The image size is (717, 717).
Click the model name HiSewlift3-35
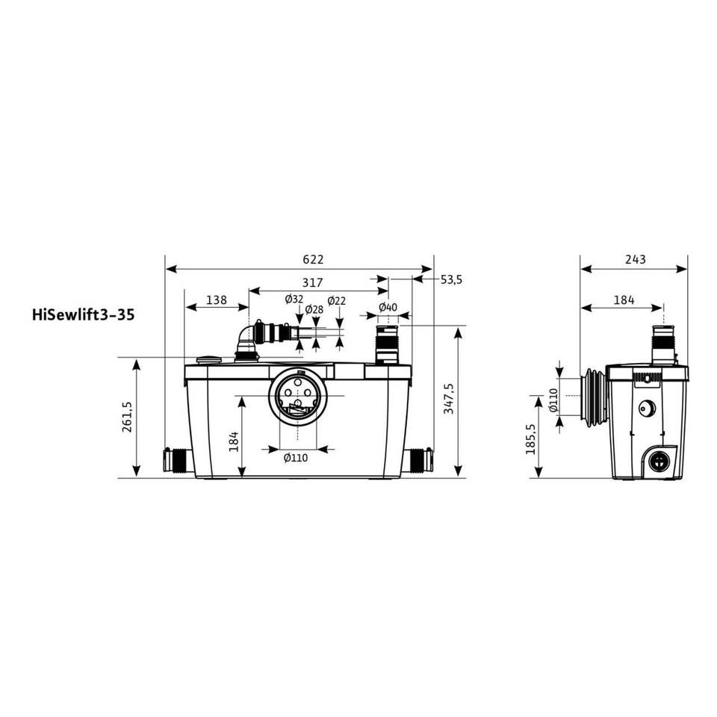(84, 315)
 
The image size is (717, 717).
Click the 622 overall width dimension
(313, 259)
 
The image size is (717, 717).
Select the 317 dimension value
(313, 282)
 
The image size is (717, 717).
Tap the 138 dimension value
(217, 299)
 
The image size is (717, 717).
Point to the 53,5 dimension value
(451, 279)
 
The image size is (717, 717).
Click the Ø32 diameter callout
(294, 299)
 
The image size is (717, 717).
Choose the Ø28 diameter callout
(314, 309)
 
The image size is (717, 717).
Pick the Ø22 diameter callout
(337, 301)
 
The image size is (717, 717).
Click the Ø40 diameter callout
(388, 307)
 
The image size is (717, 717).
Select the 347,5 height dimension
(450, 399)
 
